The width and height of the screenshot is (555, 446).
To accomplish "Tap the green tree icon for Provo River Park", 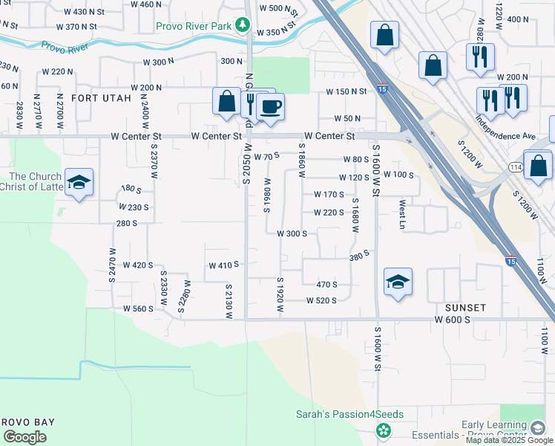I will pos(242,26).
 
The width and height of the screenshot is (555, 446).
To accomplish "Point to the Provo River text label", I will pos(65,47).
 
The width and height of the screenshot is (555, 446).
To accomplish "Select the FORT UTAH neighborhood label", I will pos(101,98).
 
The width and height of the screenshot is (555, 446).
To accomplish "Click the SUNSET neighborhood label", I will pos(465,307).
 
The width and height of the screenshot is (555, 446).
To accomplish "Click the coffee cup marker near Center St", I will pos(271,107).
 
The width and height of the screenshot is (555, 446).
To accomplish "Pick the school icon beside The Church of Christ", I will pos(79,183).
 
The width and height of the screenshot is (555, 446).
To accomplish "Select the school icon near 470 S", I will pos(398,282).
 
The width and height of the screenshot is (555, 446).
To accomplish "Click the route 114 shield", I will pos(516,167).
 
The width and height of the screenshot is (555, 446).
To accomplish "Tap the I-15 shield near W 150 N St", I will pos(381,87).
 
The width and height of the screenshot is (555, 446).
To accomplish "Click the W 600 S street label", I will pos(454,320).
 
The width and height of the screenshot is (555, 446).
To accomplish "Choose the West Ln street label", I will pos(403,213).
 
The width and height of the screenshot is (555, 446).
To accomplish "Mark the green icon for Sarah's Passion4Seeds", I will pos(383,430).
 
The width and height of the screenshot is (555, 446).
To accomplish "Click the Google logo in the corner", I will pos(24,437).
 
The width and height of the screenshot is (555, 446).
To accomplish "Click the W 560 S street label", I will pos(138,308).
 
